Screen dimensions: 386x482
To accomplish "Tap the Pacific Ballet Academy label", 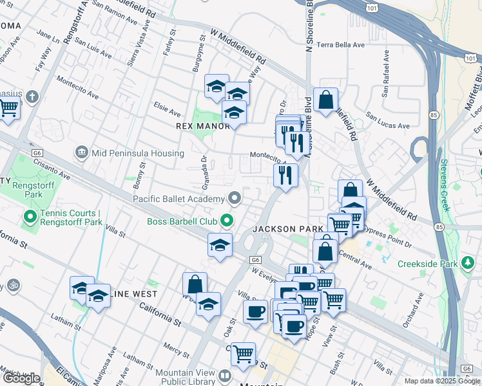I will [178, 198].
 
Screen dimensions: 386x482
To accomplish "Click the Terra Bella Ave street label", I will [340, 45].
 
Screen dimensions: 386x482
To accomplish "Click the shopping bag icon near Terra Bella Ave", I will [326, 100].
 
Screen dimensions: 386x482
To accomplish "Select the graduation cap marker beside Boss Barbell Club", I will [220, 245].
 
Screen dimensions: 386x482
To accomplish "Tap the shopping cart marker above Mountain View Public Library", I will [243, 354].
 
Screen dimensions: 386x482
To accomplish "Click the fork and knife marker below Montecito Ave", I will [285, 174].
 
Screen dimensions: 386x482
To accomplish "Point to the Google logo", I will [22, 378].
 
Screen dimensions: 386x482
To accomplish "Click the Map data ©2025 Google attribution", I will [442, 381].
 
